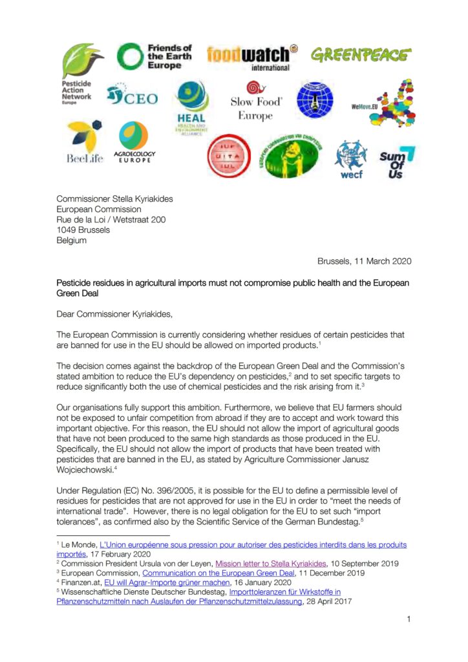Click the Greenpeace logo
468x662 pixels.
point(361,55)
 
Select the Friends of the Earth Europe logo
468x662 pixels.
point(154,57)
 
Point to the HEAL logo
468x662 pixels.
point(191,107)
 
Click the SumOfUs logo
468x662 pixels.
point(396,162)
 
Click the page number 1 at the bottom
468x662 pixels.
point(409,619)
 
